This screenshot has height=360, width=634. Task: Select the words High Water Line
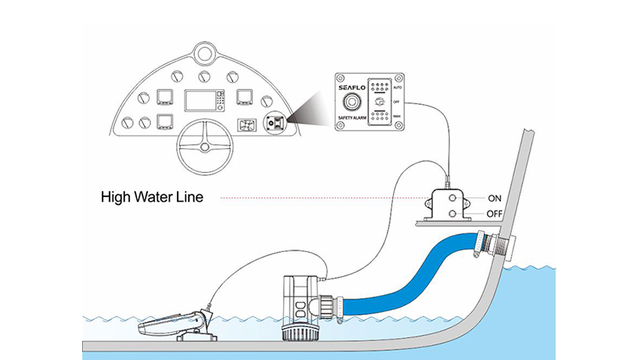tap(152, 198)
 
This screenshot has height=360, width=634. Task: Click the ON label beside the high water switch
tap(495, 198)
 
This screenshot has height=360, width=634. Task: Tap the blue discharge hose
tap(407, 274)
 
